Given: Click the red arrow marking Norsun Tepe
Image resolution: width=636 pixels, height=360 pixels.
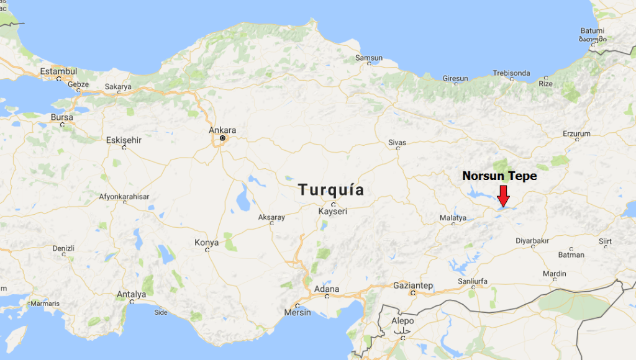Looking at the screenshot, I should click(x=504, y=196).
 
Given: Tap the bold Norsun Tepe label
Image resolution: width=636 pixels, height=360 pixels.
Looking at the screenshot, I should click(x=499, y=176).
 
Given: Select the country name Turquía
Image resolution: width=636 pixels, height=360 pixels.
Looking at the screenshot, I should click(x=331, y=189).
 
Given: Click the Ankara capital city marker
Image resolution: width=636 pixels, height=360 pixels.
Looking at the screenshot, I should click(x=222, y=138).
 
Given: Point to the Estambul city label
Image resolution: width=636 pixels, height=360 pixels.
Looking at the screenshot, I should click(x=58, y=71).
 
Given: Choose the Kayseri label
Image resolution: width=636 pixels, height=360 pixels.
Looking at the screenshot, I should click(x=332, y=212).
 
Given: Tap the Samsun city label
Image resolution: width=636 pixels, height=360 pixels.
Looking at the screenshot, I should click(x=368, y=58).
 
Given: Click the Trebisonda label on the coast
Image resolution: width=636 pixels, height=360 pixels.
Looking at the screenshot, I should click(x=512, y=73).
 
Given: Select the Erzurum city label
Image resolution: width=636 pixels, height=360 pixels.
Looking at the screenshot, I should click(x=576, y=133).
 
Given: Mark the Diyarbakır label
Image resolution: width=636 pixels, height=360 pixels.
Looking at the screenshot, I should click(x=533, y=241).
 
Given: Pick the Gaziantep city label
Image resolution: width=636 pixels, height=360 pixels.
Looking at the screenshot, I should click(x=413, y=286).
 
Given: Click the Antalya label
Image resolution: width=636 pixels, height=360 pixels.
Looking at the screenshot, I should click(x=132, y=294).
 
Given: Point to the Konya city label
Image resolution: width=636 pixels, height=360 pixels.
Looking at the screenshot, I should click(x=207, y=243).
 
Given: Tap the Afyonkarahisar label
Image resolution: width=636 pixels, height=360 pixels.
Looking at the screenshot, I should click(x=124, y=197).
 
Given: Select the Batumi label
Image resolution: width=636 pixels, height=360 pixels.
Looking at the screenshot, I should click(x=592, y=30).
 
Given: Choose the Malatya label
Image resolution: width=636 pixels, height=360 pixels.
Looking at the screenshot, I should click(x=453, y=218).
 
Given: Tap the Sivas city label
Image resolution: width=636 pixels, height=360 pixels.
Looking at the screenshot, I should click(x=397, y=142).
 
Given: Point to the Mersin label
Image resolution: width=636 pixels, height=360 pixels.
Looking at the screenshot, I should click(x=298, y=312).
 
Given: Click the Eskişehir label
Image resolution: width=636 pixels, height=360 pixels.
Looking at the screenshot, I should click(x=124, y=140).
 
